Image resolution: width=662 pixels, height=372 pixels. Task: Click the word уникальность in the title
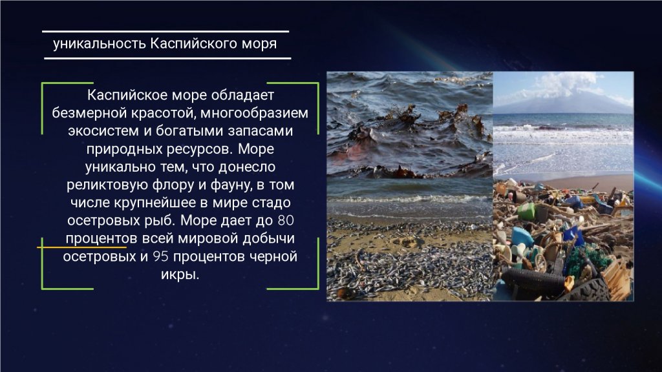[100, 44]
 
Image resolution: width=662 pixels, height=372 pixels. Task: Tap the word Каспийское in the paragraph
[126, 96]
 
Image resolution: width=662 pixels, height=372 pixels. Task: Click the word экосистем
[103, 131]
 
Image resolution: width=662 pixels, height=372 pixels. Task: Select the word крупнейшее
[155, 203]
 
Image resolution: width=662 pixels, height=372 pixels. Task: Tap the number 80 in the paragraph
[286, 221]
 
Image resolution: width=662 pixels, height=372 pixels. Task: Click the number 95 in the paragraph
[160, 256]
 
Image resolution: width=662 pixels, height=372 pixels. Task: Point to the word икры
[180, 275]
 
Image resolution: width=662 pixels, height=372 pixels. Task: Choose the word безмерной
[89, 113]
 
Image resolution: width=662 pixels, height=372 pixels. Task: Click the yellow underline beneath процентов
[82, 247]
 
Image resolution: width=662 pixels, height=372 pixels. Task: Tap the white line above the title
[165, 31]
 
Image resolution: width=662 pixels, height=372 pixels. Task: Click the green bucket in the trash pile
[526, 211]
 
